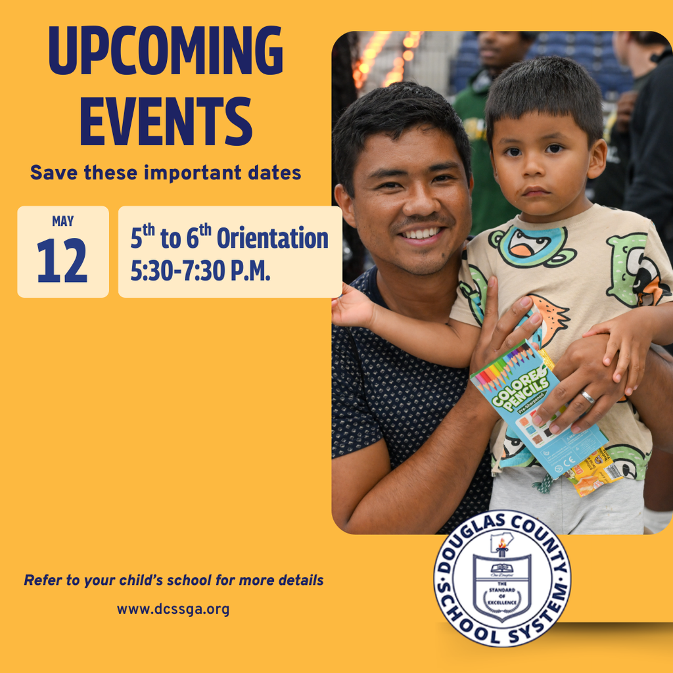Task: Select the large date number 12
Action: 62,261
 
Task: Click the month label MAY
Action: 63,221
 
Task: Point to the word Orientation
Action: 272,238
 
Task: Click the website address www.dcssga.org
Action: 173,609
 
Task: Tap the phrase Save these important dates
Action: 166,173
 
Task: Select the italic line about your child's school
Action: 174,580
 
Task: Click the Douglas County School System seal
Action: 502,578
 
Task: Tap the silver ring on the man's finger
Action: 587,397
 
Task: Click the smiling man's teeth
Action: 420,233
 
